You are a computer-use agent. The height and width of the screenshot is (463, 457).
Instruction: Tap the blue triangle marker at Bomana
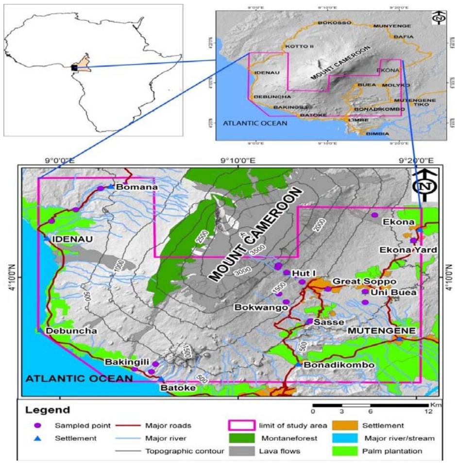pyautogui.click(x=111, y=187)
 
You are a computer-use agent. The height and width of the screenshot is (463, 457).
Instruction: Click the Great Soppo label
pyautogui.click(x=357, y=281)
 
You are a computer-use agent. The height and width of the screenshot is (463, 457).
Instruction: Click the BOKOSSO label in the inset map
pyautogui.click(x=332, y=23)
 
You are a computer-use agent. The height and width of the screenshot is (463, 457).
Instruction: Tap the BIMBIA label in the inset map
pyautogui.click(x=377, y=133)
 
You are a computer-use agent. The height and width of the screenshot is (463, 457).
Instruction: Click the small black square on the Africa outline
pyautogui.click(x=74, y=68)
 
